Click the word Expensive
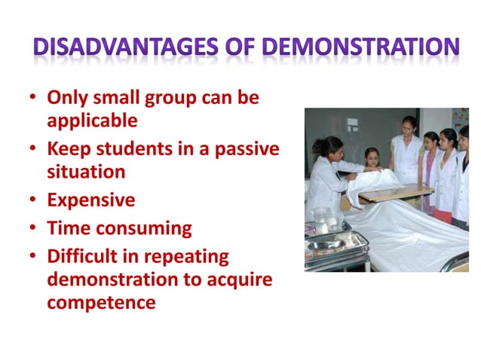(91, 200)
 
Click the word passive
(247, 149)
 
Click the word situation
(86, 172)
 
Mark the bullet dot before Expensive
(35, 201)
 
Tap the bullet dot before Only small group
(35, 98)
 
